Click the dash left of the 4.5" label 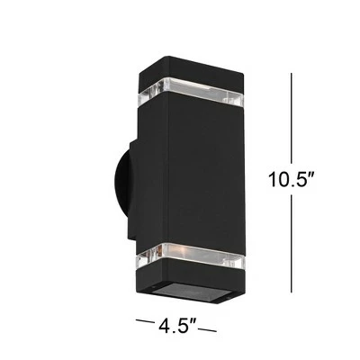[145, 319]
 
